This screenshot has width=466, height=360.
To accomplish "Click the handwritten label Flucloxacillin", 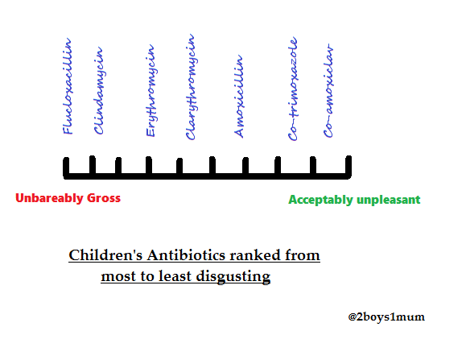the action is (68, 86).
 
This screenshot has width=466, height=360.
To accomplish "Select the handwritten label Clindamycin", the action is (98, 90).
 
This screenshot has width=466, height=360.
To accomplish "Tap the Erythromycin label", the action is (151, 90).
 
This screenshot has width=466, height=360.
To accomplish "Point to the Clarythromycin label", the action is (190, 87).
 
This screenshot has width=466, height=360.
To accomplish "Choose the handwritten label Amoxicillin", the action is (239, 97).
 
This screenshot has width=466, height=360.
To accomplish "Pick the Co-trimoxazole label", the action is (293, 89).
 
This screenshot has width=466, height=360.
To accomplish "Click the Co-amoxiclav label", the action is (328, 91).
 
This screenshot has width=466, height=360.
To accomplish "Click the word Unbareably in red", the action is (49, 198).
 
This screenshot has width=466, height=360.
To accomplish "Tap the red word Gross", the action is (104, 198).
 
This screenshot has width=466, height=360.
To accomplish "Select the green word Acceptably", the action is (321, 200).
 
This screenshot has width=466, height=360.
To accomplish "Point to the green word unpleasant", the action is (389, 200).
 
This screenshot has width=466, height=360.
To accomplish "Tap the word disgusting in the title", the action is (233, 276).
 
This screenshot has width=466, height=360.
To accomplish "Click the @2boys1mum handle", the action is (386, 317).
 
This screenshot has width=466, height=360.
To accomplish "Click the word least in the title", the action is (175, 276).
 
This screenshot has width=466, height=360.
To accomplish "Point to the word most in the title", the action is (119, 276).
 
